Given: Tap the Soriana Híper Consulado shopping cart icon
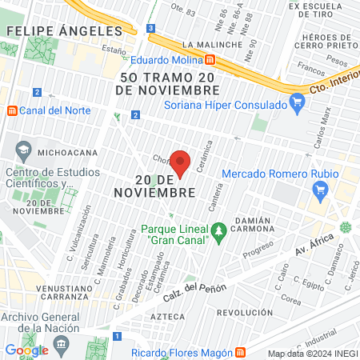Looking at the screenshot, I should coord(298,102).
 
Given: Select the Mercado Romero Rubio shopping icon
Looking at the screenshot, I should coord(322,190).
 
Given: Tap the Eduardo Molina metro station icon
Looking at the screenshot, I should coord(210,58).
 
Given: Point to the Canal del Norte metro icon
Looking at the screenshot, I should coord(10,110).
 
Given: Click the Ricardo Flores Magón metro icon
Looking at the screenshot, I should coord(239,352).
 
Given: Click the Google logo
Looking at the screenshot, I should coord(26,350).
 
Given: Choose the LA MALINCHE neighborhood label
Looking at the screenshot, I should coord(210,44).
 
